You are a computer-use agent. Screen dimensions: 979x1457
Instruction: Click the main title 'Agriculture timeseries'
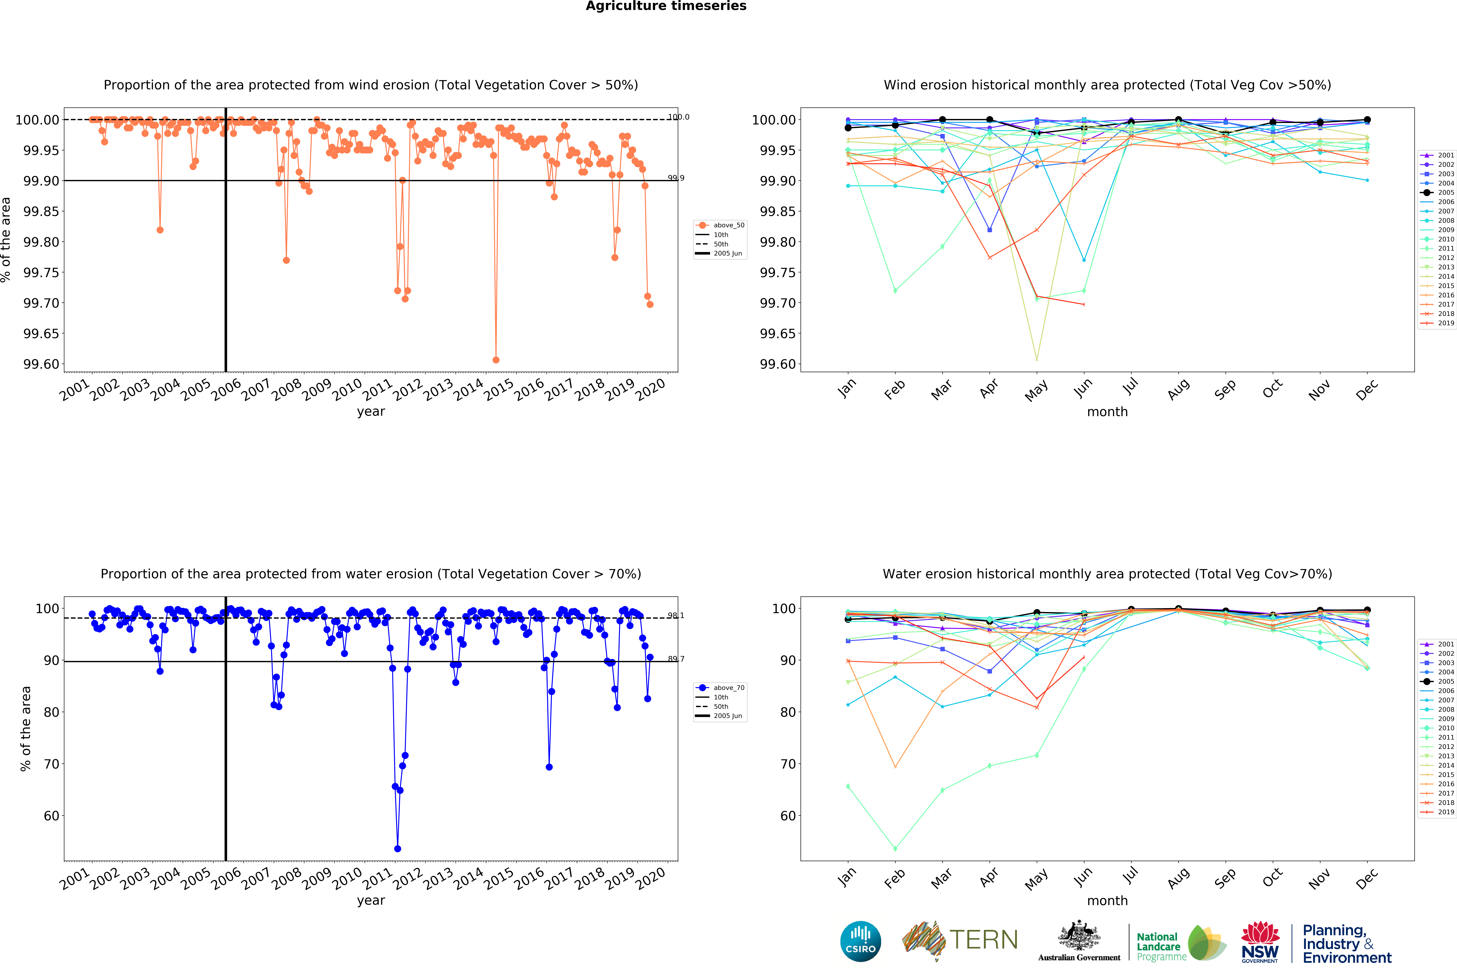tap(666, 6)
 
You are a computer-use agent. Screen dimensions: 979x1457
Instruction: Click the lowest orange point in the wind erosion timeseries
tap(496, 360)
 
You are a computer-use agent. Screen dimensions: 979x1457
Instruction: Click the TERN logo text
tap(983, 940)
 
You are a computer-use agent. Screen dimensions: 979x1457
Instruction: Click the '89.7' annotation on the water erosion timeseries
tap(675, 659)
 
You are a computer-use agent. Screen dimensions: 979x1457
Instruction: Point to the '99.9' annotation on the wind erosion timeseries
tap(675, 178)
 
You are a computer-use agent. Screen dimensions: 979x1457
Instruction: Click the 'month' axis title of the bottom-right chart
tap(1107, 900)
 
